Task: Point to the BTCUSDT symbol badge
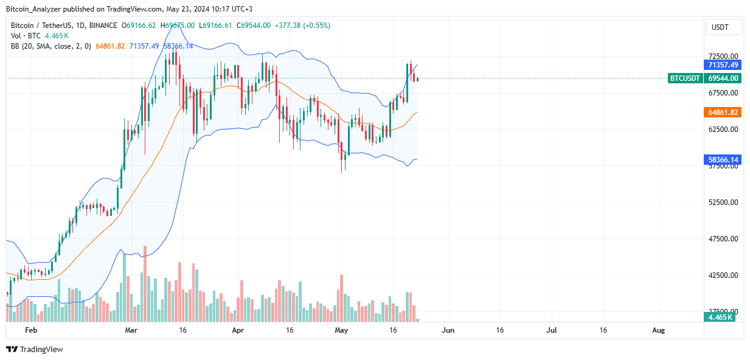click(x=685, y=78)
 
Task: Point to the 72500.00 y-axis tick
click(x=722, y=56)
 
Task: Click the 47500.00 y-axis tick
click(x=722, y=238)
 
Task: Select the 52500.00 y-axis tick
click(x=722, y=202)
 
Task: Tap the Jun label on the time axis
click(x=448, y=330)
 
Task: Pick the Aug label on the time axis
click(x=658, y=330)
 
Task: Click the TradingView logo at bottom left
click(x=35, y=349)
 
